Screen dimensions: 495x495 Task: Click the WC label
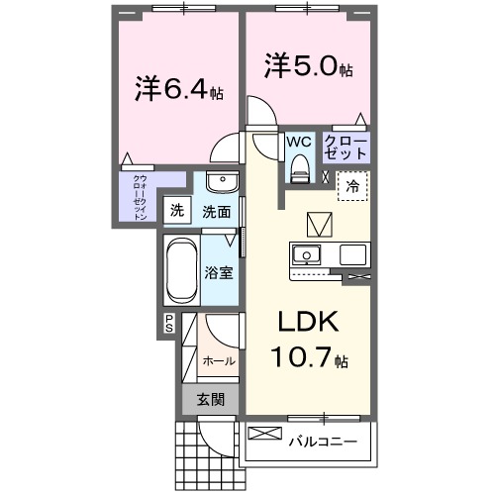pyautogui.click(x=300, y=142)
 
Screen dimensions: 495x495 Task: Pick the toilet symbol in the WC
pyautogui.click(x=298, y=171)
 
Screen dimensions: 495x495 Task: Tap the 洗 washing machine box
pyautogui.click(x=176, y=210)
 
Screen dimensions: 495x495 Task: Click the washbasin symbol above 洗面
pyautogui.click(x=221, y=185)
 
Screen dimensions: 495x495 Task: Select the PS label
pyautogui.click(x=169, y=322)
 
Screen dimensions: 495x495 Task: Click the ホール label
pyautogui.click(x=220, y=361)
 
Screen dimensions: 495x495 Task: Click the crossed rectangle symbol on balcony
pyautogui.click(x=264, y=433)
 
